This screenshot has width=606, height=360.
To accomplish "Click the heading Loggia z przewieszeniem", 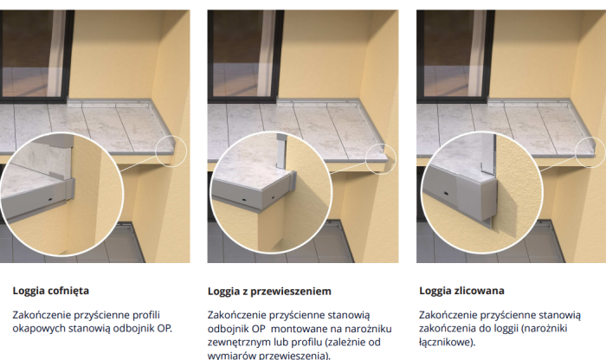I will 269,292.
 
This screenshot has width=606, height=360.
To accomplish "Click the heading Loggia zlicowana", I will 461,291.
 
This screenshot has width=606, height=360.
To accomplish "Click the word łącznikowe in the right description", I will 448,342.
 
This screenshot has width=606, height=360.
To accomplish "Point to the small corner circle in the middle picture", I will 377,154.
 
